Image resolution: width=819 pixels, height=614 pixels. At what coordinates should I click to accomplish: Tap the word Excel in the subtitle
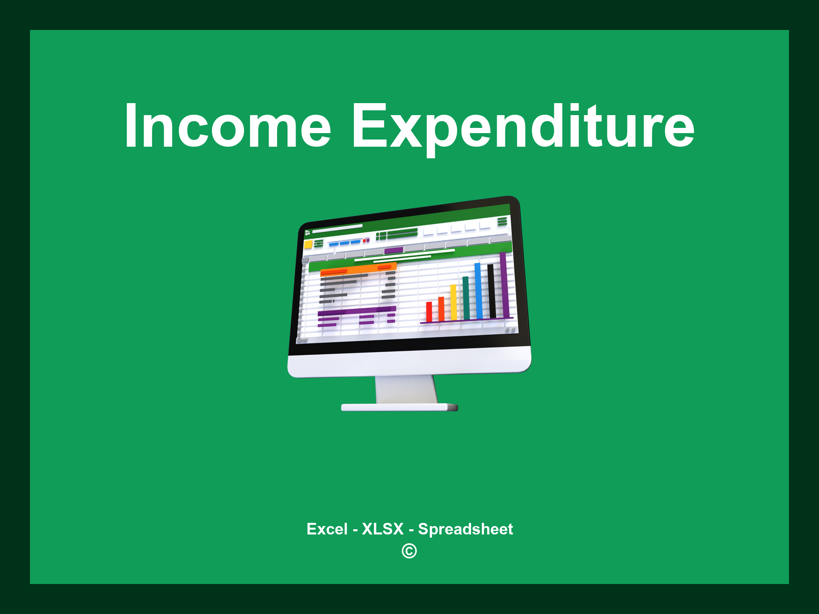coord(327,529)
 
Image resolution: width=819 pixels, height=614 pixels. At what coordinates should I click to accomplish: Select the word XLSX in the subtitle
coord(383,529)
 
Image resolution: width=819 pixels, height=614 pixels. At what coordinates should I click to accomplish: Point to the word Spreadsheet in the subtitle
coord(465,529)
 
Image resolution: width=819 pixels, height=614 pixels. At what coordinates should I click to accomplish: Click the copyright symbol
coord(409,551)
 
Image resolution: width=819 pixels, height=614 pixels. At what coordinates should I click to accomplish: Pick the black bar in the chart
coord(491,291)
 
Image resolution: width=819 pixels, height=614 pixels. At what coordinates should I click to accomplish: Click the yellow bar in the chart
coord(453,302)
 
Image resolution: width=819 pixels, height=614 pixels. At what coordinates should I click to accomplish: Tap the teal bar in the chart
coord(466,298)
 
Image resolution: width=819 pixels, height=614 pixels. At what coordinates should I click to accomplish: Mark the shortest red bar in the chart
coord(429,312)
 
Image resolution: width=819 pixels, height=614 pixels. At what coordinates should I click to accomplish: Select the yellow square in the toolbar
coord(308,244)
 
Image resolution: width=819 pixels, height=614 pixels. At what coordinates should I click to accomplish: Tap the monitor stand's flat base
coord(399,407)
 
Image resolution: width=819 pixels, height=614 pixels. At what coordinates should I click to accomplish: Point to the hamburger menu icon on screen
coord(502,221)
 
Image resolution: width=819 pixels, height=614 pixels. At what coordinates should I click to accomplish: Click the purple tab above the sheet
coord(394,251)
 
